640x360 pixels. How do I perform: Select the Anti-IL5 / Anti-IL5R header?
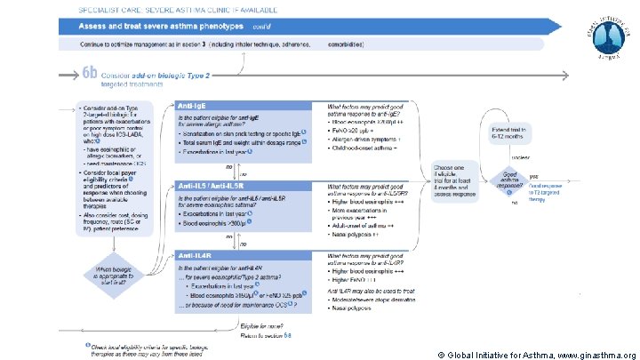coord(207,185)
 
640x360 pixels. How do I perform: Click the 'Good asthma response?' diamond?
coord(510,180)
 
